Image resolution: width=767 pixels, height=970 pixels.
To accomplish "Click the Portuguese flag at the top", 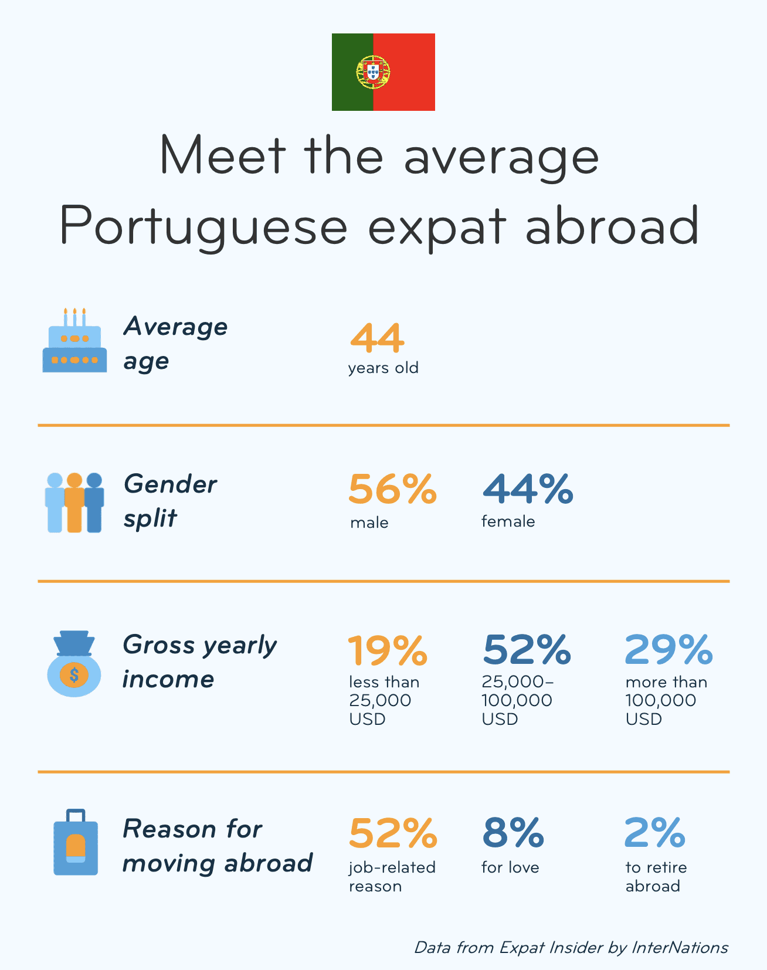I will click(x=383, y=72).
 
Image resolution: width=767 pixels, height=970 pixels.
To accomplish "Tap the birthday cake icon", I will click(x=74, y=342).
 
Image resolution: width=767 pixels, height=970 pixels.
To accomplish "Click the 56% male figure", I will click(x=392, y=489).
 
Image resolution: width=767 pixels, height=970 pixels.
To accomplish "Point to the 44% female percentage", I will click(x=527, y=489).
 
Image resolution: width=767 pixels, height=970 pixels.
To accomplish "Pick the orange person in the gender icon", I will click(x=74, y=503).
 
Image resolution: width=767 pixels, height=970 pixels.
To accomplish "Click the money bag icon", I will click(x=73, y=664).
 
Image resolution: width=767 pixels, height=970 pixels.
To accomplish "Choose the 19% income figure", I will click(x=388, y=650).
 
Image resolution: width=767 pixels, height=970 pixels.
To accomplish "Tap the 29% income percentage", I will click(x=668, y=650).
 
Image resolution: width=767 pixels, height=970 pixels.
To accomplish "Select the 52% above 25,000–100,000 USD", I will click(x=527, y=650).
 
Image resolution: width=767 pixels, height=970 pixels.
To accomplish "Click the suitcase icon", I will click(x=76, y=843).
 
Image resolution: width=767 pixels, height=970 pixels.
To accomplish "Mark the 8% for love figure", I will click(x=513, y=833).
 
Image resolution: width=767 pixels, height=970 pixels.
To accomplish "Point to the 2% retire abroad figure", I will click(x=654, y=833).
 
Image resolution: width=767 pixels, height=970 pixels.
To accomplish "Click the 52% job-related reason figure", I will click(x=393, y=833).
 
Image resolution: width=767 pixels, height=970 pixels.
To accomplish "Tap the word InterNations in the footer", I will click(x=680, y=948).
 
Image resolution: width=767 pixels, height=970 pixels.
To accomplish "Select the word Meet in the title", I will click(x=222, y=156).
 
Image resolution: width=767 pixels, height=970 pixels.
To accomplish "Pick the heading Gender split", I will click(x=170, y=501).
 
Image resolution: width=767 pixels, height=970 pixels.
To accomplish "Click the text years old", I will click(x=383, y=368).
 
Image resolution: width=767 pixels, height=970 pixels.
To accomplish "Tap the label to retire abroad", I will click(x=656, y=876).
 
